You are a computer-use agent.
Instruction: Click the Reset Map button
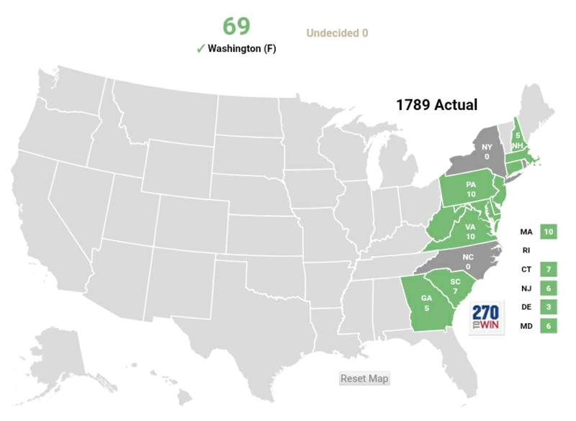coord(364,379)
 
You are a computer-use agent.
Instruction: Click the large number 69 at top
coord(236,26)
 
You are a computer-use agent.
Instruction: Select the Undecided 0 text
coord(337,33)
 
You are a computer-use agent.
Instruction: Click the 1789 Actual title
coord(436,104)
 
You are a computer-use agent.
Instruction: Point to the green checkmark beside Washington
coord(200,48)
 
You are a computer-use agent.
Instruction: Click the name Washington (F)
coord(242,49)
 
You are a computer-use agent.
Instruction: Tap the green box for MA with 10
coord(549,232)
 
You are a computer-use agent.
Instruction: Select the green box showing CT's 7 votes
coord(549,269)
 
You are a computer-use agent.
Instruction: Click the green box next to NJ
coord(549,288)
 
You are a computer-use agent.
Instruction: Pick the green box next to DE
coord(549,307)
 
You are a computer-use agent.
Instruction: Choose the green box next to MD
coord(549,326)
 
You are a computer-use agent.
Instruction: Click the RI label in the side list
coord(526,250)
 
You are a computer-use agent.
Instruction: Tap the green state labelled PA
coord(470,189)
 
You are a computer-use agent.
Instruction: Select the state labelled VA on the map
coord(470,231)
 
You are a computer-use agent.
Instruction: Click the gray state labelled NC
coord(469,262)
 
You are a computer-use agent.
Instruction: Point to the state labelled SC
coord(454,284)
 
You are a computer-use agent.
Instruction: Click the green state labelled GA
coord(426,303)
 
